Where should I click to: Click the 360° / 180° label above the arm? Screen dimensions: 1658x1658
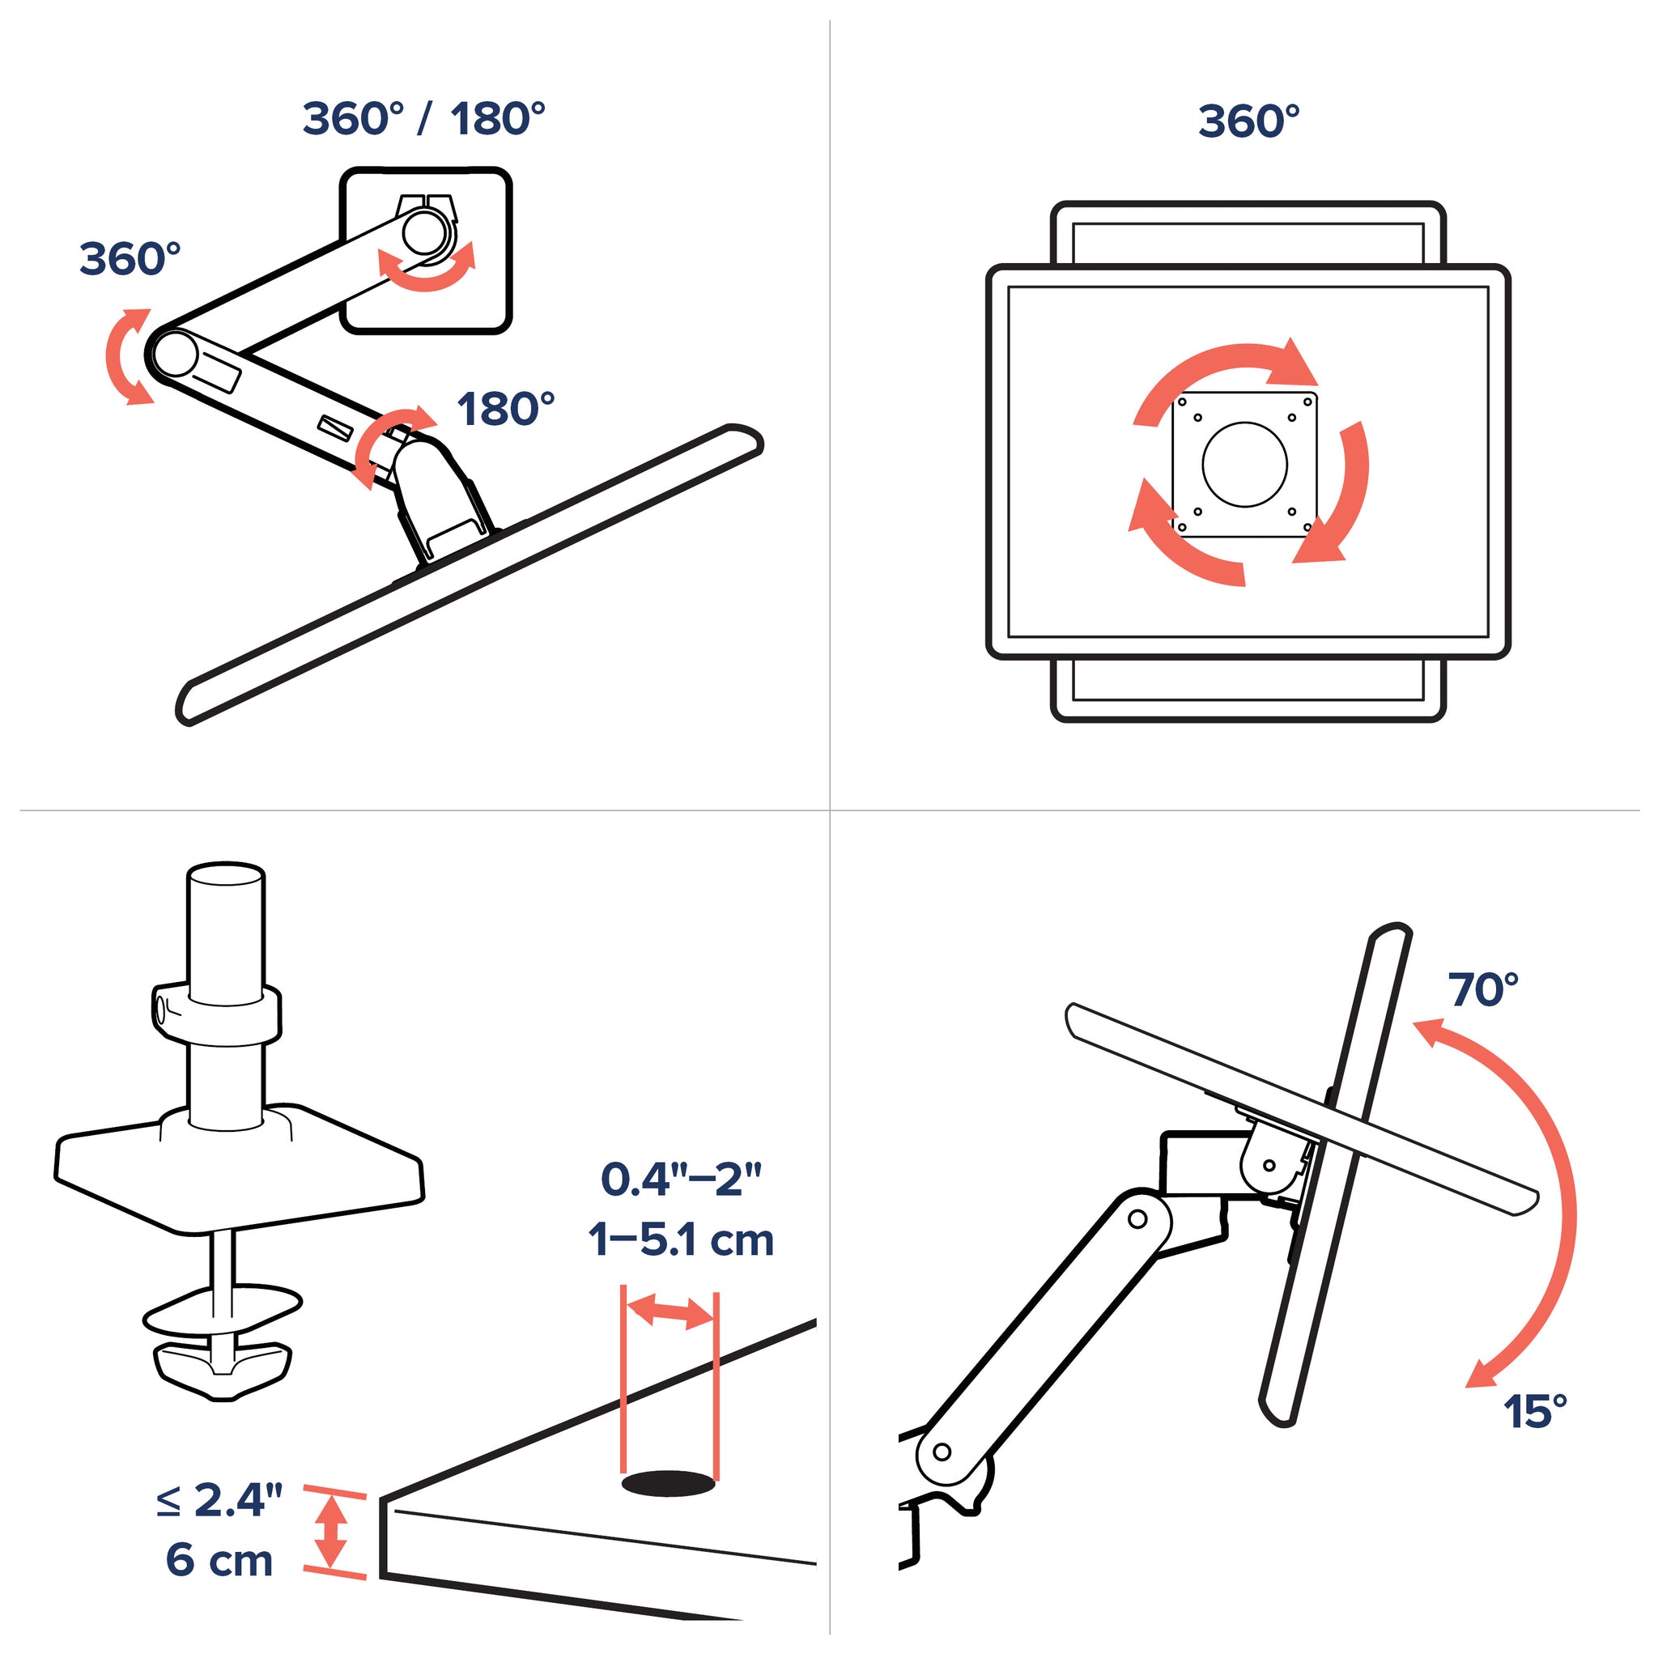coord(424,118)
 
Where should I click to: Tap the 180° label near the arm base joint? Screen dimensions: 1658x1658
coord(505,410)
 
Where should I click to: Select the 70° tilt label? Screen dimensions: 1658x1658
coord(1484,989)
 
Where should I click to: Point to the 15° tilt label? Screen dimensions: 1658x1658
coord(1535,1412)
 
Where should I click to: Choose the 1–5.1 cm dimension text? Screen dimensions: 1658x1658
coord(682,1240)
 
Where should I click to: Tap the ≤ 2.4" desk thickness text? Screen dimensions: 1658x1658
coord(219,1501)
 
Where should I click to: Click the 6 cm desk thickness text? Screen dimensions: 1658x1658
coord(219,1559)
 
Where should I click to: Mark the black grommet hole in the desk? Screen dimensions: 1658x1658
coord(669,1483)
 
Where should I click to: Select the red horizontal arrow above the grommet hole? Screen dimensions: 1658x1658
coord(670,1312)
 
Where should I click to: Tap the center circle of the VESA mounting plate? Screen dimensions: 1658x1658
coord(1244,464)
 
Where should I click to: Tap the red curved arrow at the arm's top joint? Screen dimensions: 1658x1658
coord(427,267)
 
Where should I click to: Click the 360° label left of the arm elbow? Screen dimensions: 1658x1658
coord(130,258)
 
